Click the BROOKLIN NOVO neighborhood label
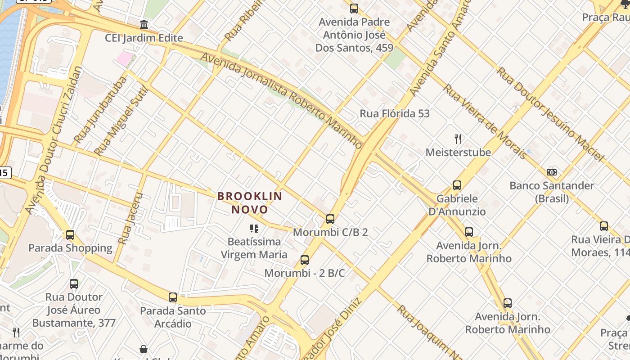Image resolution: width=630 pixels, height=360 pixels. (x=250, y=202)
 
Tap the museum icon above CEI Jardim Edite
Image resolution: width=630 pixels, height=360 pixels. (x=144, y=24)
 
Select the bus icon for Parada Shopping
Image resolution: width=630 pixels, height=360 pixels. (x=70, y=235)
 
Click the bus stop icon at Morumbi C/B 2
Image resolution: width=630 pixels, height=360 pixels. (x=330, y=219)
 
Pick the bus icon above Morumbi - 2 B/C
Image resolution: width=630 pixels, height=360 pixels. (x=305, y=260)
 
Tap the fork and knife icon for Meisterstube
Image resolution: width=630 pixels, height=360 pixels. (x=458, y=139)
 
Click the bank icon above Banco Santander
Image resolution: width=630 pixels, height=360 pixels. (x=552, y=172)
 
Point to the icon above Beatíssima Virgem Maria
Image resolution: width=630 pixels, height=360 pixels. (x=254, y=229)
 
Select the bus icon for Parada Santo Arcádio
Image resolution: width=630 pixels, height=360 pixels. (x=173, y=297)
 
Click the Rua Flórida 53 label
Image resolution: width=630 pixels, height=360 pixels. (x=395, y=113)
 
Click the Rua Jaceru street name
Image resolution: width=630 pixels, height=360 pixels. (x=130, y=219)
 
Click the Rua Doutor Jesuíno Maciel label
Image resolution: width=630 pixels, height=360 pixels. (x=549, y=114)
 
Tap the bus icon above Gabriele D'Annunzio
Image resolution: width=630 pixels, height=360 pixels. (x=457, y=185)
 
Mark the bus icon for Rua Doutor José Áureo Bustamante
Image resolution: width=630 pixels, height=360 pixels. (x=74, y=284)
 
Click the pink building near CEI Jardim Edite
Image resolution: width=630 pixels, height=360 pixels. (x=125, y=58)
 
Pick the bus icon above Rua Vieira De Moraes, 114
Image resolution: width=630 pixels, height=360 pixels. (x=604, y=226)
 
